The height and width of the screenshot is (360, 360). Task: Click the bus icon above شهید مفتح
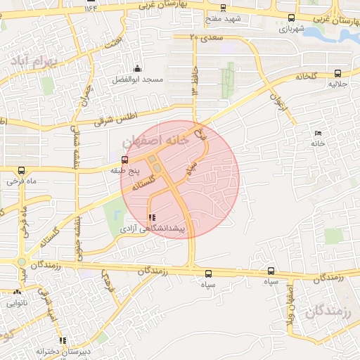coord(223,8)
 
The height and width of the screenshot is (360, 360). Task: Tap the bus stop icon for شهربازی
coord(291,18)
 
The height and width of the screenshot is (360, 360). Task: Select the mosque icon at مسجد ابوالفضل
coord(136,69)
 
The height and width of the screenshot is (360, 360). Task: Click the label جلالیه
coord(338,84)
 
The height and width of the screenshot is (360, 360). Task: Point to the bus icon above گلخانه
coord(338,72)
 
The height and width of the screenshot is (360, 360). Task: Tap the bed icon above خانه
coord(319,133)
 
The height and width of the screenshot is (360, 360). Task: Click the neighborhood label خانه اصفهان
coord(156,141)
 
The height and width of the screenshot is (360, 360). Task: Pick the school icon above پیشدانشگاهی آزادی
coord(153,218)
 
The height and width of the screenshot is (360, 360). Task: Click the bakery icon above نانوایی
coord(16,292)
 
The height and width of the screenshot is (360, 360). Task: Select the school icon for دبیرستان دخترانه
coord(62,340)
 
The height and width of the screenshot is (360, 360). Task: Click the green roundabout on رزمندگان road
coord(22,263)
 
